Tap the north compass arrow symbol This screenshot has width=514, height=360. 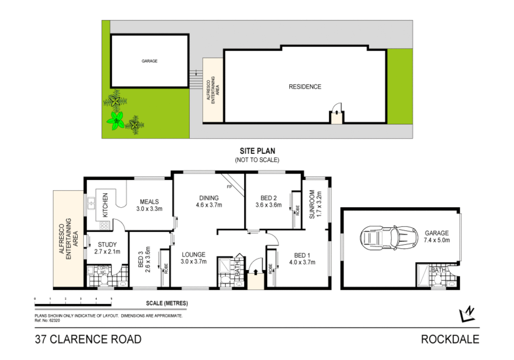coord(467,314)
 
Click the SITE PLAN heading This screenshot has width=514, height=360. coord(257,151)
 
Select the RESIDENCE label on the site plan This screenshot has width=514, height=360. coord(305,87)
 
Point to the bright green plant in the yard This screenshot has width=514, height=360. coord(116,121)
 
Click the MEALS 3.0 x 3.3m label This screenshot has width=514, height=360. coord(149,205)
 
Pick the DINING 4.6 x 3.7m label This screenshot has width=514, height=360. coord(209,201)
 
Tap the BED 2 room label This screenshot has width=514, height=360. coord(268,201)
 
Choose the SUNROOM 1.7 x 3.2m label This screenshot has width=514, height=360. coord(315,204)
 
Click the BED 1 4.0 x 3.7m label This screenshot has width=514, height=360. coord(302,259)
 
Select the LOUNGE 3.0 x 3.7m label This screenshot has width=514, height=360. coord(194,258)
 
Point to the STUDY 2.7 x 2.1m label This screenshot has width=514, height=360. coord(107,248)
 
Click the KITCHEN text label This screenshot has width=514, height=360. coord(105,205)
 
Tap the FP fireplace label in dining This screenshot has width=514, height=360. coord(229,187)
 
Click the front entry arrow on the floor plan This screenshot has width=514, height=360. coord(256,272)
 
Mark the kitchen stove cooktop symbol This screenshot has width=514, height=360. coord(104,226)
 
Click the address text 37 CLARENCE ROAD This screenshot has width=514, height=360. coord(88,339)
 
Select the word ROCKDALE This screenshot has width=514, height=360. coord(450,339)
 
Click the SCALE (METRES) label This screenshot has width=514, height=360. coord(167,303)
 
